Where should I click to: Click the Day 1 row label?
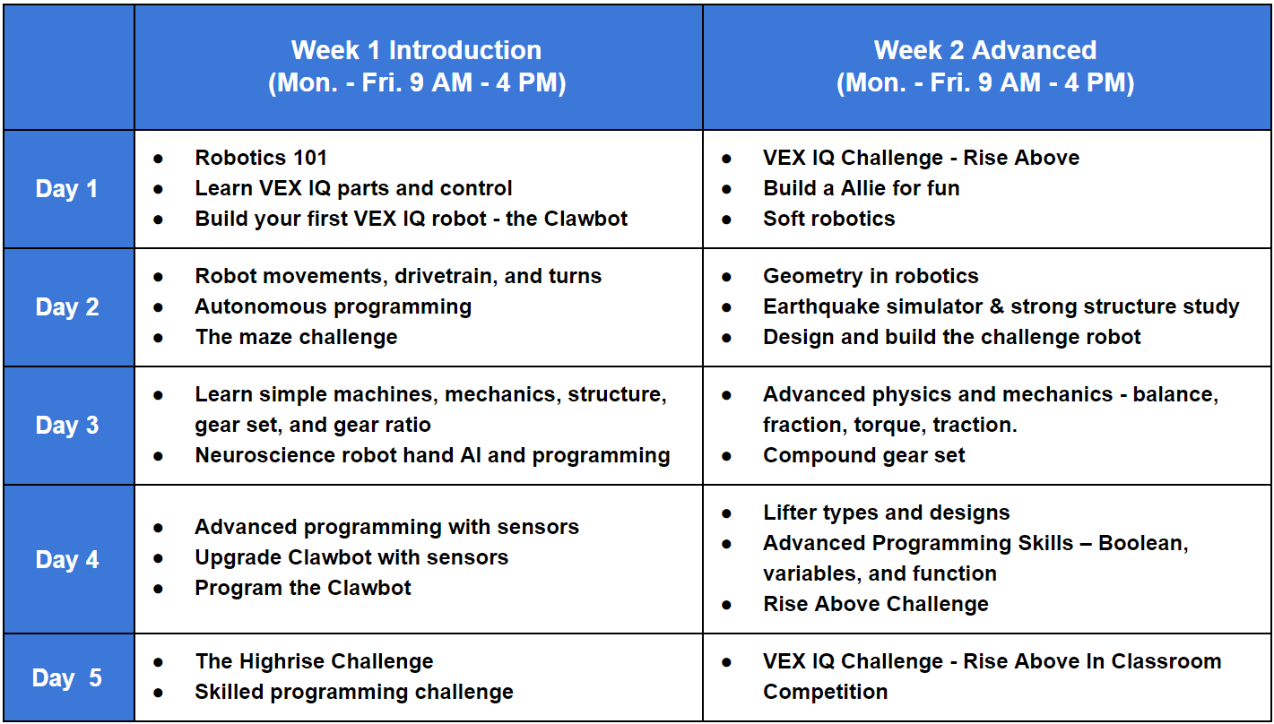(66, 189)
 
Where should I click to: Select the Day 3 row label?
(67, 425)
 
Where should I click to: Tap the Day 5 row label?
(67, 677)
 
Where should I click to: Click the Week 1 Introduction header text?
(416, 50)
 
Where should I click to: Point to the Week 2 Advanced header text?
(985, 50)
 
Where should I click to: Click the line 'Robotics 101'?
(261, 158)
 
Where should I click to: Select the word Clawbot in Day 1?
(585, 219)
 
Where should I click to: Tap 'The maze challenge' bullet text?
(297, 337)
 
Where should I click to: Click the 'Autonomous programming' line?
(334, 306)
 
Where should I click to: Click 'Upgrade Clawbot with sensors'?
(351, 557)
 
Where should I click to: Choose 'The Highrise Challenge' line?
(314, 661)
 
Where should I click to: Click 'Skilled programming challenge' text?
(354, 692)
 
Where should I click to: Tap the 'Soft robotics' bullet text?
(828, 219)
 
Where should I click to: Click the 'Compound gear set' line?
(864, 456)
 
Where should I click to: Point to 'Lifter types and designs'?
(886, 513)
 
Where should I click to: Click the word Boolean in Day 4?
(1143, 543)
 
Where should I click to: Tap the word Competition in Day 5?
(825, 692)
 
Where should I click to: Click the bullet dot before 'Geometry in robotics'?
(726, 278)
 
